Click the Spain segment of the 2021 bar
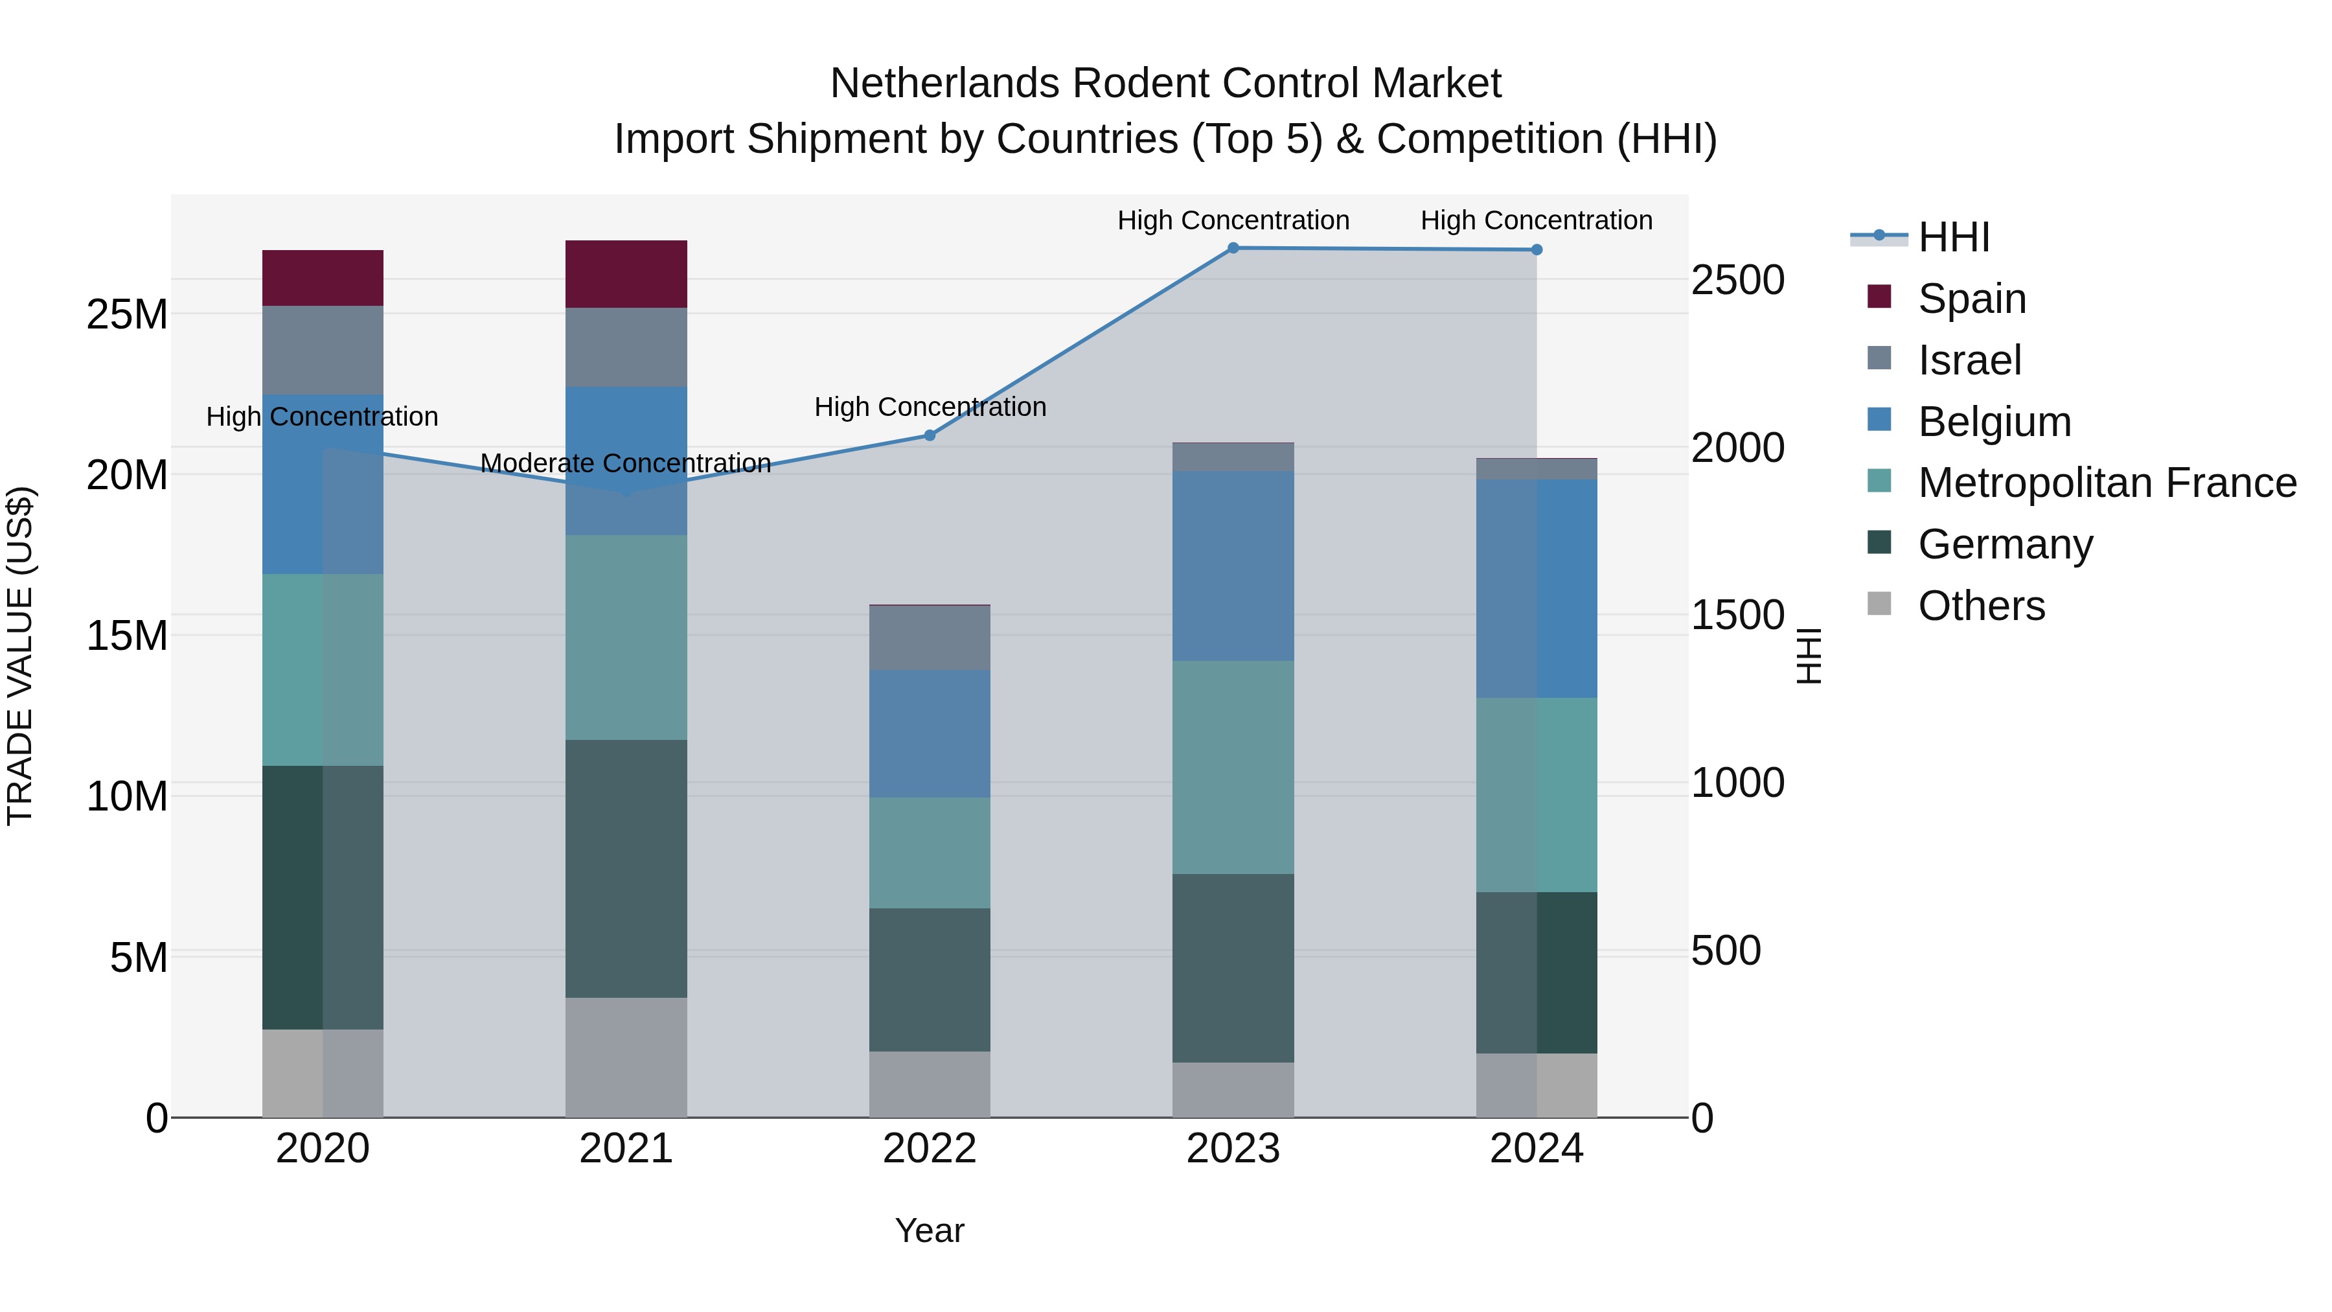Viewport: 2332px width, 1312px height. pyautogui.click(x=626, y=273)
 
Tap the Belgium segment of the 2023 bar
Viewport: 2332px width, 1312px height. pyautogui.click(x=1232, y=565)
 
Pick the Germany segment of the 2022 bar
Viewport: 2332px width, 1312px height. pyautogui.click(x=929, y=979)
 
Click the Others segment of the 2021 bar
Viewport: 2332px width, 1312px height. pyautogui.click(x=626, y=1057)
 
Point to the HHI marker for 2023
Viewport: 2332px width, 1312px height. pyautogui.click(x=1232, y=247)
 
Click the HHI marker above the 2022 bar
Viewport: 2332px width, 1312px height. pyautogui.click(x=929, y=435)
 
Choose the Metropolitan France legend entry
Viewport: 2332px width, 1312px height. pyautogui.click(x=2106, y=483)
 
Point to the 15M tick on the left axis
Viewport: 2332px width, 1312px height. pyautogui.click(x=127, y=636)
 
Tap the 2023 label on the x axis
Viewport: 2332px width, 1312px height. pyautogui.click(x=1232, y=1149)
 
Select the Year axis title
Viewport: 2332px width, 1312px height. pyautogui.click(x=929, y=1230)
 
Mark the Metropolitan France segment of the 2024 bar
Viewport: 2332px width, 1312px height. pyautogui.click(x=1537, y=794)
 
